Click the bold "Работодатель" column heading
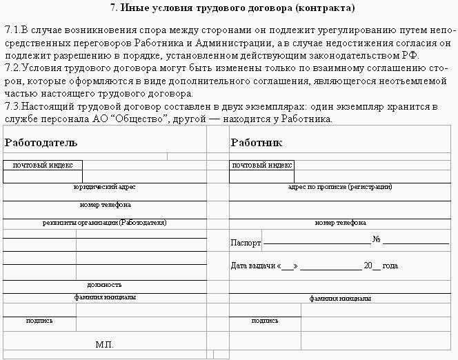pos(41,143)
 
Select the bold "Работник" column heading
pos(257,143)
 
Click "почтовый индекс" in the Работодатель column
pos(43,166)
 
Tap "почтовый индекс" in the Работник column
pos(262,166)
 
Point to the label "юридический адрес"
pos(104,187)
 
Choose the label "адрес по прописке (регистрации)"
pos(340,187)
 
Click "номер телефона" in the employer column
pos(105,205)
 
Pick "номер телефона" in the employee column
pos(340,223)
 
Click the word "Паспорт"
pos(246,243)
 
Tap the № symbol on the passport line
pos(377,241)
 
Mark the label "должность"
pos(105,284)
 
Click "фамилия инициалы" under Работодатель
pos(105,298)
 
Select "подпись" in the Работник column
pos(265,321)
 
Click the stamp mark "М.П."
pos(105,344)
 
